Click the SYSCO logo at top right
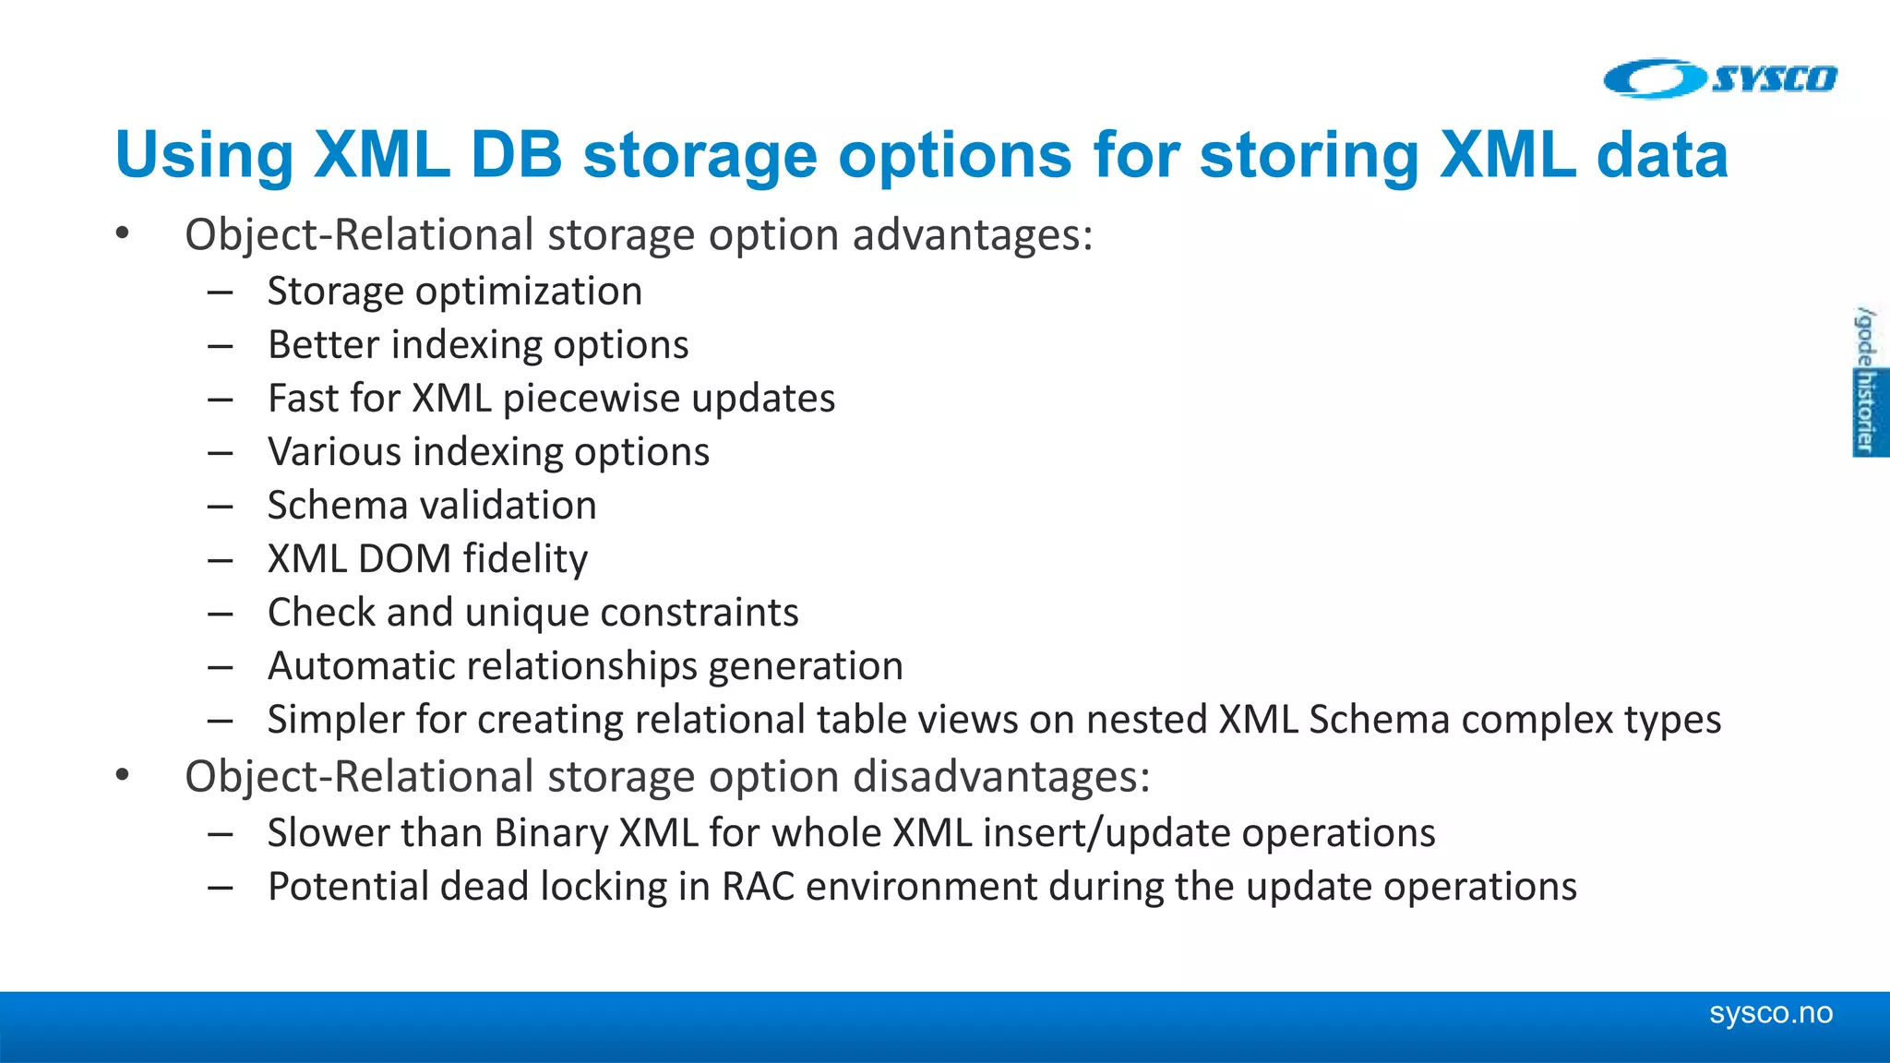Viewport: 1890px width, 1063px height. pyautogui.click(x=1720, y=78)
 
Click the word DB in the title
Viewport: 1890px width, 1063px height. pyautogui.click(x=516, y=154)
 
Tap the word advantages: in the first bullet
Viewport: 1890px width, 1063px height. pyautogui.click(x=972, y=234)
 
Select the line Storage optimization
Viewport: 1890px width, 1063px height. pyautogui.click(x=454, y=292)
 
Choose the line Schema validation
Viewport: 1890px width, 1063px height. pyautogui.click(x=432, y=506)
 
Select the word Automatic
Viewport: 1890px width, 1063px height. pyautogui.click(x=355, y=666)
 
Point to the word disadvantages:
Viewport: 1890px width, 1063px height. pyautogui.click(x=1001, y=776)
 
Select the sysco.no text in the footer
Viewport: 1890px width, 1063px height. pyautogui.click(x=1770, y=1013)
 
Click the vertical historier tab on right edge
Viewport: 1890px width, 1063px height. pyautogui.click(x=1868, y=412)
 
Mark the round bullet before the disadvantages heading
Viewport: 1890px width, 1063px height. pyautogui.click(x=123, y=776)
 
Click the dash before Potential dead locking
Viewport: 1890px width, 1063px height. pyautogui.click(x=220, y=888)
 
